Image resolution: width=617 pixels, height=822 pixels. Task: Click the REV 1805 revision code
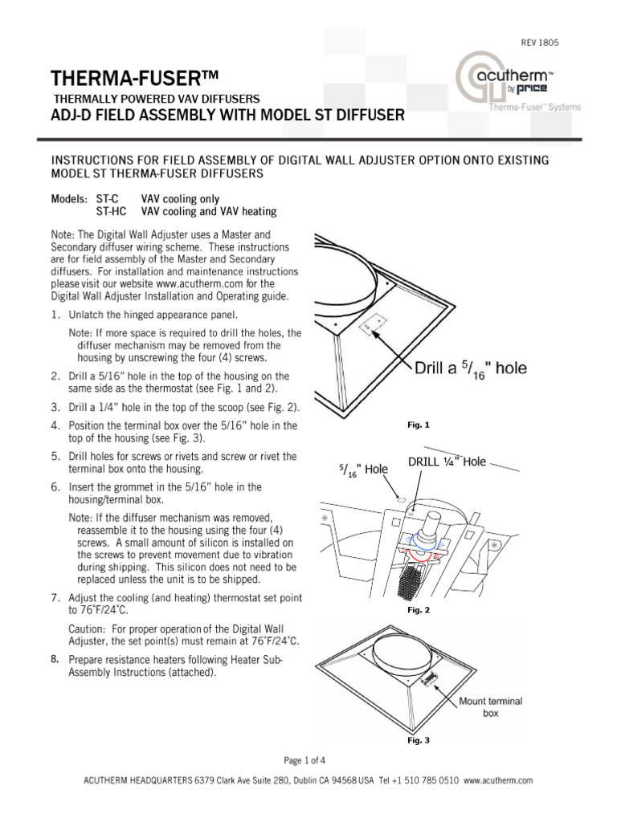541,41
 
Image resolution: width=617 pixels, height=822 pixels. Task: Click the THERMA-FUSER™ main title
134,79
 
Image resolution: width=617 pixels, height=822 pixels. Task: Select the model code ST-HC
110,212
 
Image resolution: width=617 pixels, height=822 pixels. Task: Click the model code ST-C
107,199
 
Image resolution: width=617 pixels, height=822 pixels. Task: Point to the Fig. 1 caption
420,425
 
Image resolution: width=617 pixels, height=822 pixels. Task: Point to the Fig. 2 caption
419,611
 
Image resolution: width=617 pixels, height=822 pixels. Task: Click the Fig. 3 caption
419,741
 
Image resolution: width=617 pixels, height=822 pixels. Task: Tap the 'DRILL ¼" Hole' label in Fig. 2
447,462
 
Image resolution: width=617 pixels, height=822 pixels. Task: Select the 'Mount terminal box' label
490,706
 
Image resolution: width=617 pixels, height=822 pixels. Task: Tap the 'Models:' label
67,199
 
